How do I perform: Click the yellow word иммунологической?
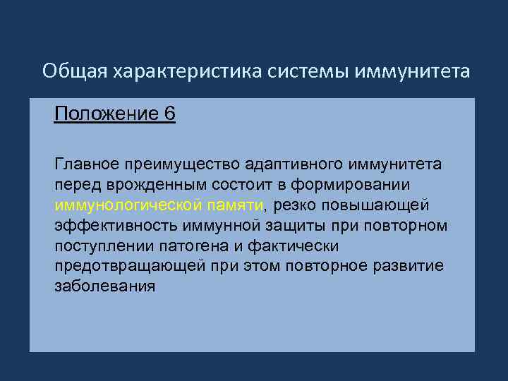coord(121,205)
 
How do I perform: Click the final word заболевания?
coord(104,286)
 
